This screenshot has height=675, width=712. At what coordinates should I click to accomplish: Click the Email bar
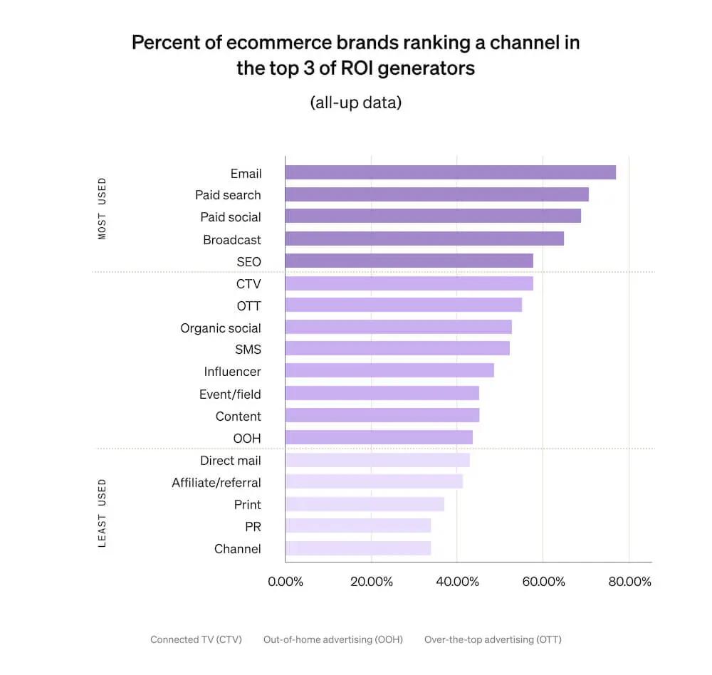click(450, 172)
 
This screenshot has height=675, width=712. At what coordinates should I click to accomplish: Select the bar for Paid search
click(436, 194)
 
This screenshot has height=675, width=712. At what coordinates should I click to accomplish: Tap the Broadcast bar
click(424, 239)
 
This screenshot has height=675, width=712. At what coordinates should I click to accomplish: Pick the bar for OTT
click(403, 305)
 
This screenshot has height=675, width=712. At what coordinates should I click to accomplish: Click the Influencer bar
click(389, 370)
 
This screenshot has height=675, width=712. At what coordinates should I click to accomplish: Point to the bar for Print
click(364, 504)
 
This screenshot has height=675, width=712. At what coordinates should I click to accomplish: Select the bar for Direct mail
click(377, 460)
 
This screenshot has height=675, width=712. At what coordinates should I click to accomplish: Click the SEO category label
click(248, 262)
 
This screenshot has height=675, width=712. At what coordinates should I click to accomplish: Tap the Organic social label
click(221, 328)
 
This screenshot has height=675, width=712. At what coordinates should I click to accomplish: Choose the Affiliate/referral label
click(216, 483)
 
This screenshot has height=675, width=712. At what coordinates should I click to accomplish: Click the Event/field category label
click(230, 394)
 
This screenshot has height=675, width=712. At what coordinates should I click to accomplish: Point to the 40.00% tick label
click(457, 582)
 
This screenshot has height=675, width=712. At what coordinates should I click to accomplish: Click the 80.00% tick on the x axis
click(629, 582)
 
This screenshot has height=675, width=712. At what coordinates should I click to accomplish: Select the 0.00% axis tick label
click(286, 582)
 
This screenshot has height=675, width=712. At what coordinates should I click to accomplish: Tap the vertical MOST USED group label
click(102, 208)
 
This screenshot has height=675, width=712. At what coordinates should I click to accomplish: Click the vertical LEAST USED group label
click(102, 513)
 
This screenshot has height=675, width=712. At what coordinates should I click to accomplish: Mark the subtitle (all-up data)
click(355, 103)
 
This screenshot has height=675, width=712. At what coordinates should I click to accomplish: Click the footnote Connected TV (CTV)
click(196, 639)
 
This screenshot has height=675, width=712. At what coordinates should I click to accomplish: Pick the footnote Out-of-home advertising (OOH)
click(333, 639)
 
